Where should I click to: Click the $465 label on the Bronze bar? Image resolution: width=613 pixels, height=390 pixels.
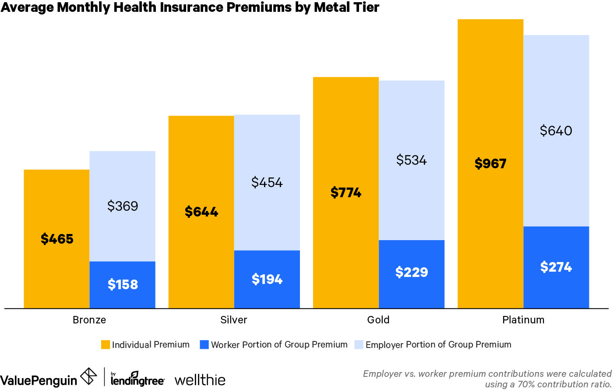57,239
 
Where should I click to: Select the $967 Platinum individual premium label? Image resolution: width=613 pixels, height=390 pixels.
490,164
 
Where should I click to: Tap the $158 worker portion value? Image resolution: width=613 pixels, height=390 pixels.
123,285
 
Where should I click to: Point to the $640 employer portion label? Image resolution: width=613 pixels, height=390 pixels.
556,131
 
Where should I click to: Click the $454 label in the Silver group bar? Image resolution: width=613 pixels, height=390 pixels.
267,183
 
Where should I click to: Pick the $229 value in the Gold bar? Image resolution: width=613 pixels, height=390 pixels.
412,273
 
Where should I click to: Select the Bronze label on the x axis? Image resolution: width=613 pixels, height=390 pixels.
89,320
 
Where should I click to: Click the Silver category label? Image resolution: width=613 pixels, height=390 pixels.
234,320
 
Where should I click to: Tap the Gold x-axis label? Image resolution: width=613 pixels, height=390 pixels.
378,320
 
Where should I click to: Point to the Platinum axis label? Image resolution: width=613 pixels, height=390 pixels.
523,320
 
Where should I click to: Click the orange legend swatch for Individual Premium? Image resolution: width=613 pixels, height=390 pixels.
106,345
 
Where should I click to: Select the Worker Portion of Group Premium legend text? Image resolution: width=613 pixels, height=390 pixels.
279,345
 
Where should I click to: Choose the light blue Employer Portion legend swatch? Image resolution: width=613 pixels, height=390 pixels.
359,345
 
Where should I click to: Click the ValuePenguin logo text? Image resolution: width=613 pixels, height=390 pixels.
39,380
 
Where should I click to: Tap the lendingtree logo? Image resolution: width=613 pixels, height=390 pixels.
137,379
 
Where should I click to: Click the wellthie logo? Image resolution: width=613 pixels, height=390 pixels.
200,380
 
